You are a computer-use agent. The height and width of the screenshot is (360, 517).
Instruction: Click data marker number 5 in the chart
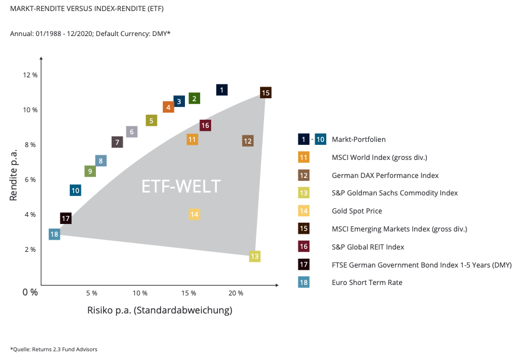(x=151, y=120)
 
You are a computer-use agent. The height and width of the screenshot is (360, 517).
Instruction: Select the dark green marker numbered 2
(x=194, y=98)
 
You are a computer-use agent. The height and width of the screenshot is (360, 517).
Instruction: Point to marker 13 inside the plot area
(x=254, y=256)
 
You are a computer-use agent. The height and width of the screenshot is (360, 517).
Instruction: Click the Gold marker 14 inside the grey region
(x=194, y=214)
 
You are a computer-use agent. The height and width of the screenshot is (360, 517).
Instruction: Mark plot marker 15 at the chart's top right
(x=266, y=92)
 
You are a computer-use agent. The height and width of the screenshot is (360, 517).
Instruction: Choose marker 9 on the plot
(x=90, y=171)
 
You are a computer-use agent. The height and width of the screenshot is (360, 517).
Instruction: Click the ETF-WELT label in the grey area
(x=181, y=186)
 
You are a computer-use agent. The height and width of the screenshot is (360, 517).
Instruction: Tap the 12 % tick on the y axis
(x=30, y=75)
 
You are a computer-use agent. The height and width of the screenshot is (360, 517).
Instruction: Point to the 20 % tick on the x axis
(x=236, y=292)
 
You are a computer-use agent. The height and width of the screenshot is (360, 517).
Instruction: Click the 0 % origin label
(x=30, y=292)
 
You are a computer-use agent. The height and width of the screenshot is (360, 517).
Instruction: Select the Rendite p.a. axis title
(x=14, y=175)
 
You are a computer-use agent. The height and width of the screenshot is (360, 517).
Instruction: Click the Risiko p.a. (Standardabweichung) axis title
(x=159, y=310)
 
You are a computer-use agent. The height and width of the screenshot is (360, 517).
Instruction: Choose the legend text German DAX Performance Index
(x=385, y=175)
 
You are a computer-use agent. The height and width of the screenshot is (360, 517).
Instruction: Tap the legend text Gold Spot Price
(x=356, y=211)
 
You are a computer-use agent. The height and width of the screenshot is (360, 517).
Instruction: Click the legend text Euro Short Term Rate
(x=367, y=283)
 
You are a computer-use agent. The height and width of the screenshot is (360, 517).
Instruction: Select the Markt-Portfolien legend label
(x=358, y=140)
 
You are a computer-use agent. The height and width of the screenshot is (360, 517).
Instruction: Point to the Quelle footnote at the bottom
(x=54, y=349)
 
